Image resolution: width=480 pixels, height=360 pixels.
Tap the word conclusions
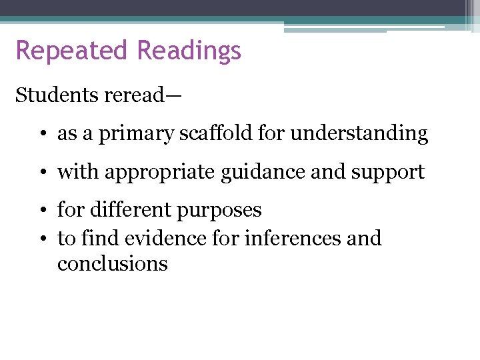112,263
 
